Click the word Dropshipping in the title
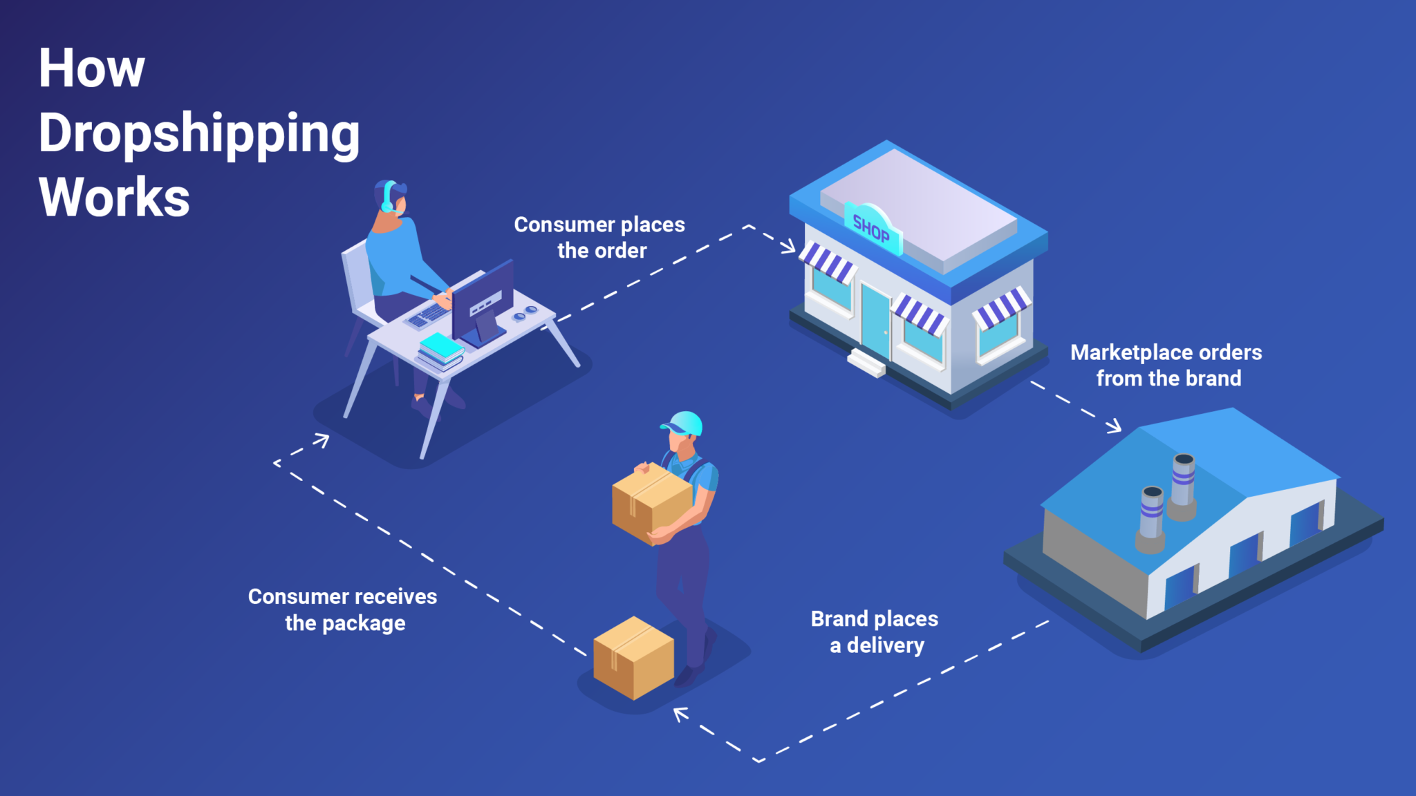click(x=199, y=133)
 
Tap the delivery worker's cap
click(x=683, y=422)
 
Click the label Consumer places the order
click(x=599, y=237)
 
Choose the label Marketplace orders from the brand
click(x=1166, y=365)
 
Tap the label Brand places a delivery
click(x=875, y=632)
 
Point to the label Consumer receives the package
click(x=343, y=609)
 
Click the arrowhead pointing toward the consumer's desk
click(x=322, y=439)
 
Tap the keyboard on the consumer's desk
click(x=429, y=315)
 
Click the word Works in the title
click(x=114, y=198)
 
